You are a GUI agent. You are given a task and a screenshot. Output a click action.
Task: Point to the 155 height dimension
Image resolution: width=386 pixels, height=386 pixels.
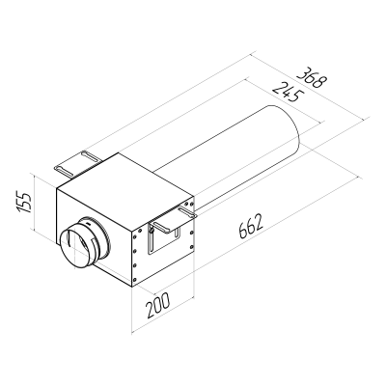[x=26, y=204]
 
